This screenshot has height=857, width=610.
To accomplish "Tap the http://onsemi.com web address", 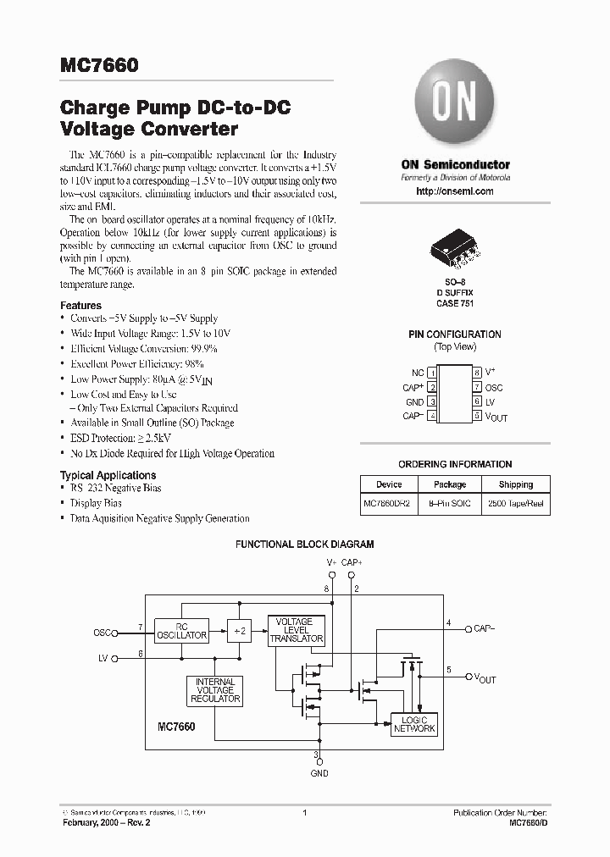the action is click(x=455, y=192).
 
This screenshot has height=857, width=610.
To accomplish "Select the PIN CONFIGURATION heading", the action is click(x=455, y=335).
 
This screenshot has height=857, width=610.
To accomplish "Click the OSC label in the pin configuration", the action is click(x=496, y=387).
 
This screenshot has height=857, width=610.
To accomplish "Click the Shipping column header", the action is click(x=515, y=484).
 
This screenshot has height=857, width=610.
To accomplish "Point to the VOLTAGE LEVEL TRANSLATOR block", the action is click(x=296, y=631).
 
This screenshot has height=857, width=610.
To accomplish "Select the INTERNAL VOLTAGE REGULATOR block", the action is click(x=215, y=691).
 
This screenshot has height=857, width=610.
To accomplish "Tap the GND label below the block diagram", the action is click(x=319, y=772).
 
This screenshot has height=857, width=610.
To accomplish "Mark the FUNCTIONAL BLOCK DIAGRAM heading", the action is click(x=304, y=546).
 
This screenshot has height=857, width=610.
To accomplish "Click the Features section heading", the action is click(x=80, y=306).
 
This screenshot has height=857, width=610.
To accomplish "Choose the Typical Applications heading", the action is click(x=108, y=475).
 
